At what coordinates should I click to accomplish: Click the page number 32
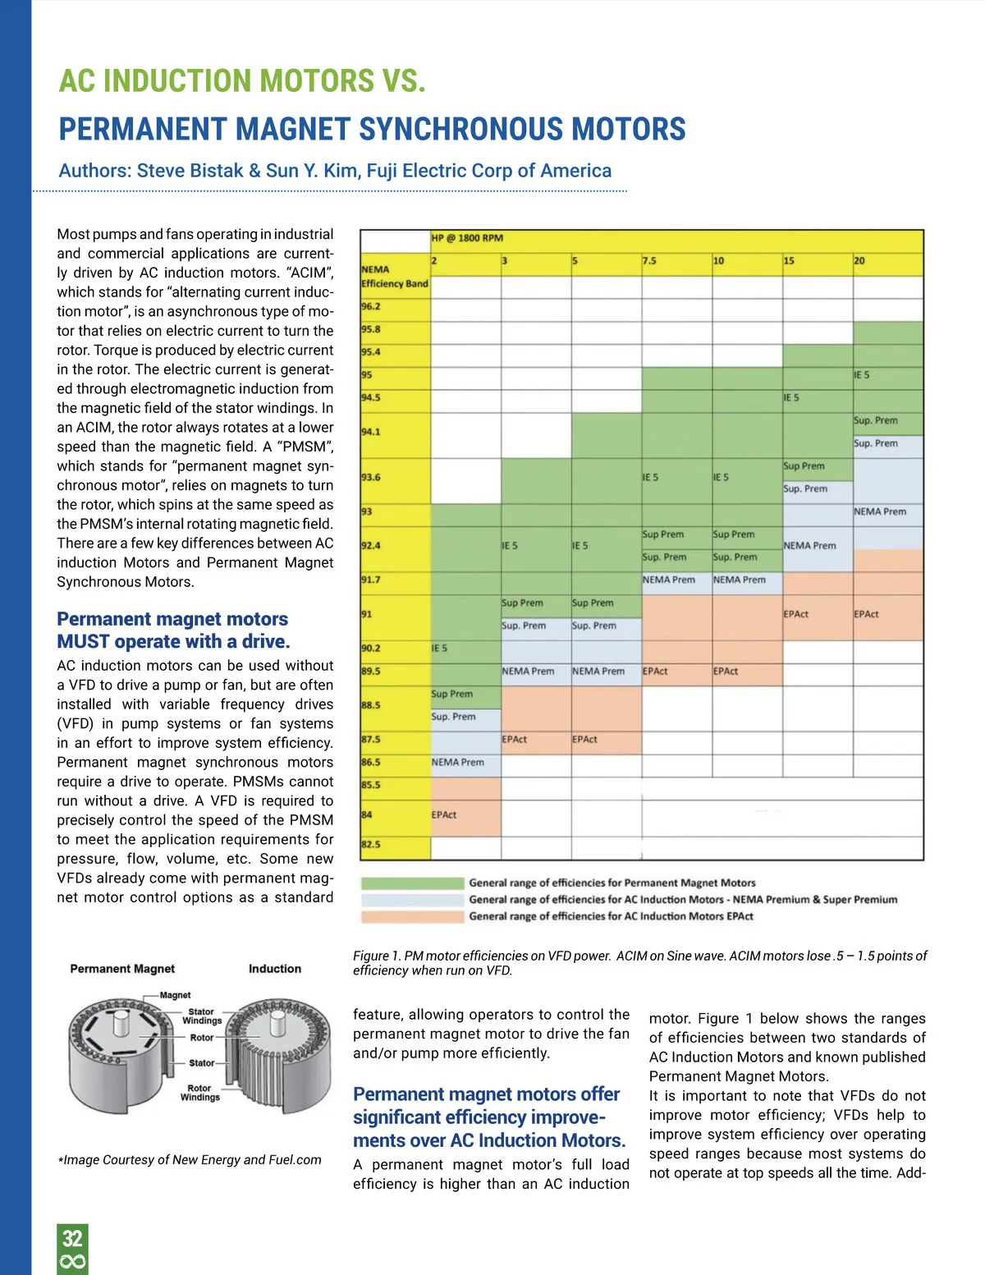click(72, 1237)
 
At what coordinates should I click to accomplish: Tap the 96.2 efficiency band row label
click(371, 306)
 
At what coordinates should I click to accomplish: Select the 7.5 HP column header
click(649, 260)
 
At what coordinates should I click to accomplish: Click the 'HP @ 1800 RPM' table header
click(467, 238)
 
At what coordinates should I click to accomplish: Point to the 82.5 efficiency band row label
click(371, 844)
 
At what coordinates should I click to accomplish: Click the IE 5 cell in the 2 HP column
click(440, 649)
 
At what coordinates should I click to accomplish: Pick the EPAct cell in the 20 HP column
click(866, 614)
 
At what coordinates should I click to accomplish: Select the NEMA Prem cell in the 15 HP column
click(809, 545)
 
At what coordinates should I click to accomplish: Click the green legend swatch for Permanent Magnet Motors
click(413, 883)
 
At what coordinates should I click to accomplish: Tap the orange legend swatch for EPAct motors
click(413, 916)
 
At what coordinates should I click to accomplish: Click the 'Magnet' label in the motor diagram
click(175, 995)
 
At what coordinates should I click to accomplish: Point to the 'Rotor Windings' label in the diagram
click(200, 1093)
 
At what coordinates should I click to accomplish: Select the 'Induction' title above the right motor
click(275, 969)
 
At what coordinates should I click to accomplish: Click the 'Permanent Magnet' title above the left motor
click(122, 969)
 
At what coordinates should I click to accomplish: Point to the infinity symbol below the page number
click(72, 1262)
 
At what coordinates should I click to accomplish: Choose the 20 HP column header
click(859, 260)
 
